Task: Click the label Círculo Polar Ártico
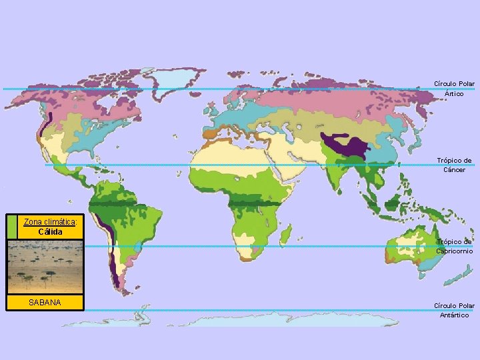(x=454, y=89)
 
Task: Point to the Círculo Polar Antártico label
(x=454, y=310)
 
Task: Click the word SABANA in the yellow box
(x=45, y=303)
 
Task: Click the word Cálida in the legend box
(x=51, y=232)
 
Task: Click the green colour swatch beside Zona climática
(x=12, y=227)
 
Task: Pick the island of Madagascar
(x=285, y=234)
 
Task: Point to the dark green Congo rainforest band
(x=253, y=203)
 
